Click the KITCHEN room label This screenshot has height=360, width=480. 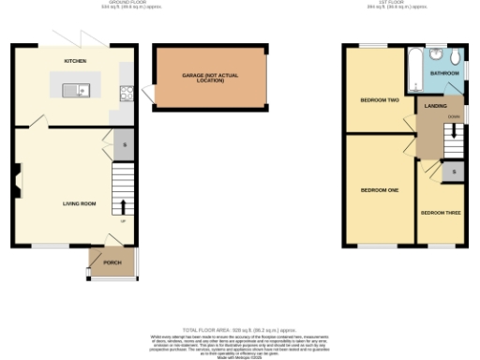point(75,60)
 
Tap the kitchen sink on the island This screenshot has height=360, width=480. point(74,91)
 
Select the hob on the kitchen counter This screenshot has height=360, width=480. point(125,92)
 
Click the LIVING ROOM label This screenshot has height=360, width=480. point(80,202)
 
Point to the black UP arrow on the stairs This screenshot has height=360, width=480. point(123,205)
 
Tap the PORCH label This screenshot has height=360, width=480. point(112,262)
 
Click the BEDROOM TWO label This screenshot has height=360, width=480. point(380,99)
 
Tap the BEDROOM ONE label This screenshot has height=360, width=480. point(380,189)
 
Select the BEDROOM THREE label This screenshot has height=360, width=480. point(440,213)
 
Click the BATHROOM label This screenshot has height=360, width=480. point(443,72)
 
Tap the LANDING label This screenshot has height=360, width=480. point(434,107)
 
